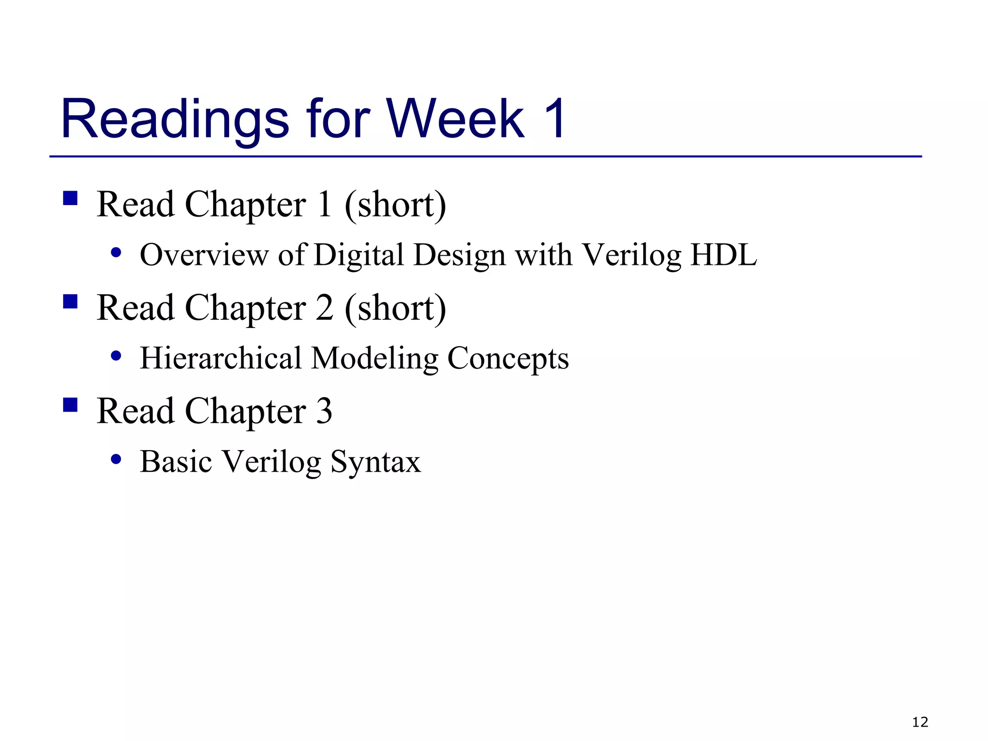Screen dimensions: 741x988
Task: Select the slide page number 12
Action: (x=920, y=722)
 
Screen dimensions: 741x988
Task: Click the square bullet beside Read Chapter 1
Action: (x=70, y=198)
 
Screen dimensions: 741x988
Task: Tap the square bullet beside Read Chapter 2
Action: (x=70, y=302)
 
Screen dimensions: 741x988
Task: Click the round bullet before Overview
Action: (x=116, y=252)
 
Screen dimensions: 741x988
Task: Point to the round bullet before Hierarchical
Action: (x=116, y=356)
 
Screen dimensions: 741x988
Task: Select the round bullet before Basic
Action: (x=116, y=459)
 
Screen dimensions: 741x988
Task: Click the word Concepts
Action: (x=508, y=359)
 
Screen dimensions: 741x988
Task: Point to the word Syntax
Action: (x=375, y=462)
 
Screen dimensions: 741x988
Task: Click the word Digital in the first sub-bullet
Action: (x=358, y=255)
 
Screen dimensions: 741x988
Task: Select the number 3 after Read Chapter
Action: (x=324, y=411)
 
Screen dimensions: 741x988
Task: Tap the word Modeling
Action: (x=374, y=359)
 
